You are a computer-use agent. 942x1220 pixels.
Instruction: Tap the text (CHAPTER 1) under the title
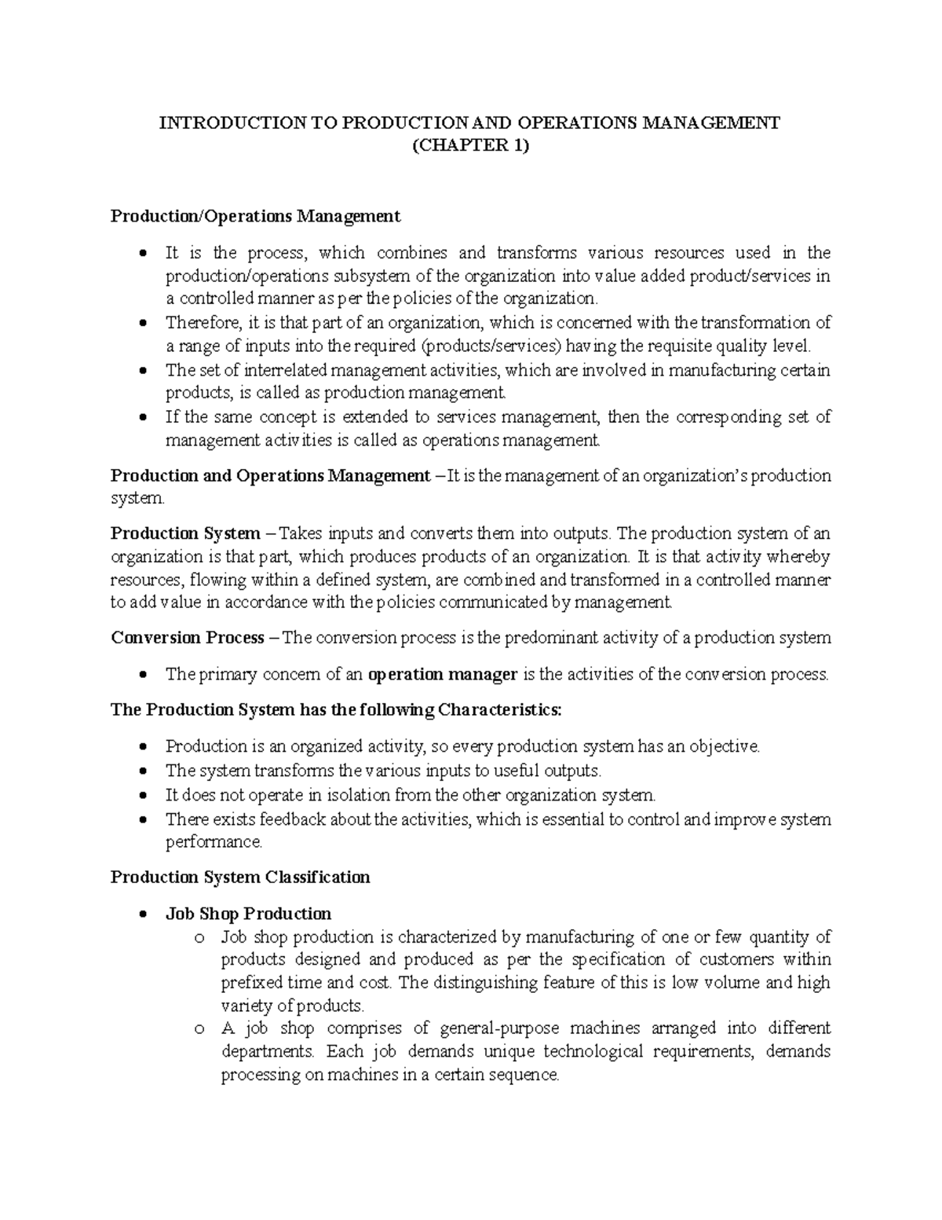click(x=470, y=146)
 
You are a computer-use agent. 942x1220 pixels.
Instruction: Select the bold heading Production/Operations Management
click(x=255, y=216)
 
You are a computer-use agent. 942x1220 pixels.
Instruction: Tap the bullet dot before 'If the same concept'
click(x=141, y=418)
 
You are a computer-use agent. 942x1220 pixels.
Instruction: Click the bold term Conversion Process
click(x=187, y=638)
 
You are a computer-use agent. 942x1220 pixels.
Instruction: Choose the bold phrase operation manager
click(x=443, y=675)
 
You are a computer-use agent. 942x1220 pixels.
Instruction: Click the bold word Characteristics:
click(x=500, y=710)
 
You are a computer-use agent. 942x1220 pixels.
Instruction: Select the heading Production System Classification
click(x=240, y=877)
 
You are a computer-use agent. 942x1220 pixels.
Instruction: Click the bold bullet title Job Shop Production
click(x=248, y=914)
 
